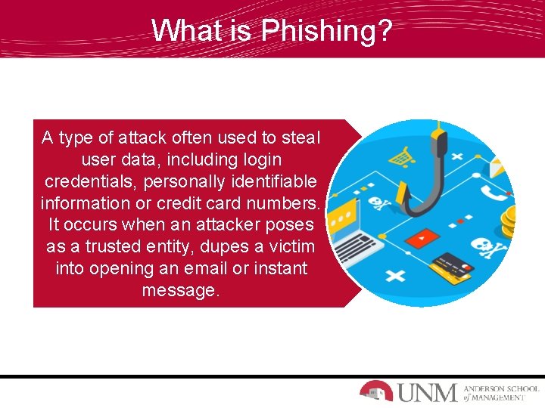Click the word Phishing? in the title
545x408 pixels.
[x=326, y=30]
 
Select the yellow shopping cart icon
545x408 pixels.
[x=400, y=158]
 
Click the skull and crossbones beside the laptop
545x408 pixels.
[x=377, y=203]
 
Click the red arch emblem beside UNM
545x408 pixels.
[x=376, y=391]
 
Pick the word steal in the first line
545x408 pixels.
[x=301, y=138]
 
